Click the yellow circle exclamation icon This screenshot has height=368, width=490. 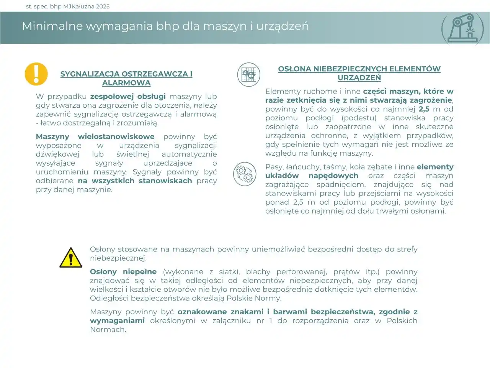[x=36, y=74]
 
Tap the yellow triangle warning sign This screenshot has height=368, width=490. [x=71, y=258]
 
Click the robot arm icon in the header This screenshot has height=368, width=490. [x=465, y=28]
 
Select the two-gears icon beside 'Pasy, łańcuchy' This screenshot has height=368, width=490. [x=245, y=174]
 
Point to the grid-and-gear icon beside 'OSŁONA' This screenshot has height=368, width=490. [x=248, y=74]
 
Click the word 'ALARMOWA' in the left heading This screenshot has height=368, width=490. [x=126, y=83]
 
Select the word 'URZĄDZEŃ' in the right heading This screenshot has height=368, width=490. [x=359, y=78]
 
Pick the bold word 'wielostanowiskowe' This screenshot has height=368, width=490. [x=116, y=137]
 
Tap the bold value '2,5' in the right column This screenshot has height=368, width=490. [x=424, y=109]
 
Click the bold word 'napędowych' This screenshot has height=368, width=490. [x=333, y=176]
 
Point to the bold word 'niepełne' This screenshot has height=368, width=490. [x=140, y=272]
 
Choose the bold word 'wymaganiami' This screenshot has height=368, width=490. [x=117, y=321]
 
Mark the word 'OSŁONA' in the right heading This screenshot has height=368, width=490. [x=294, y=69]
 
